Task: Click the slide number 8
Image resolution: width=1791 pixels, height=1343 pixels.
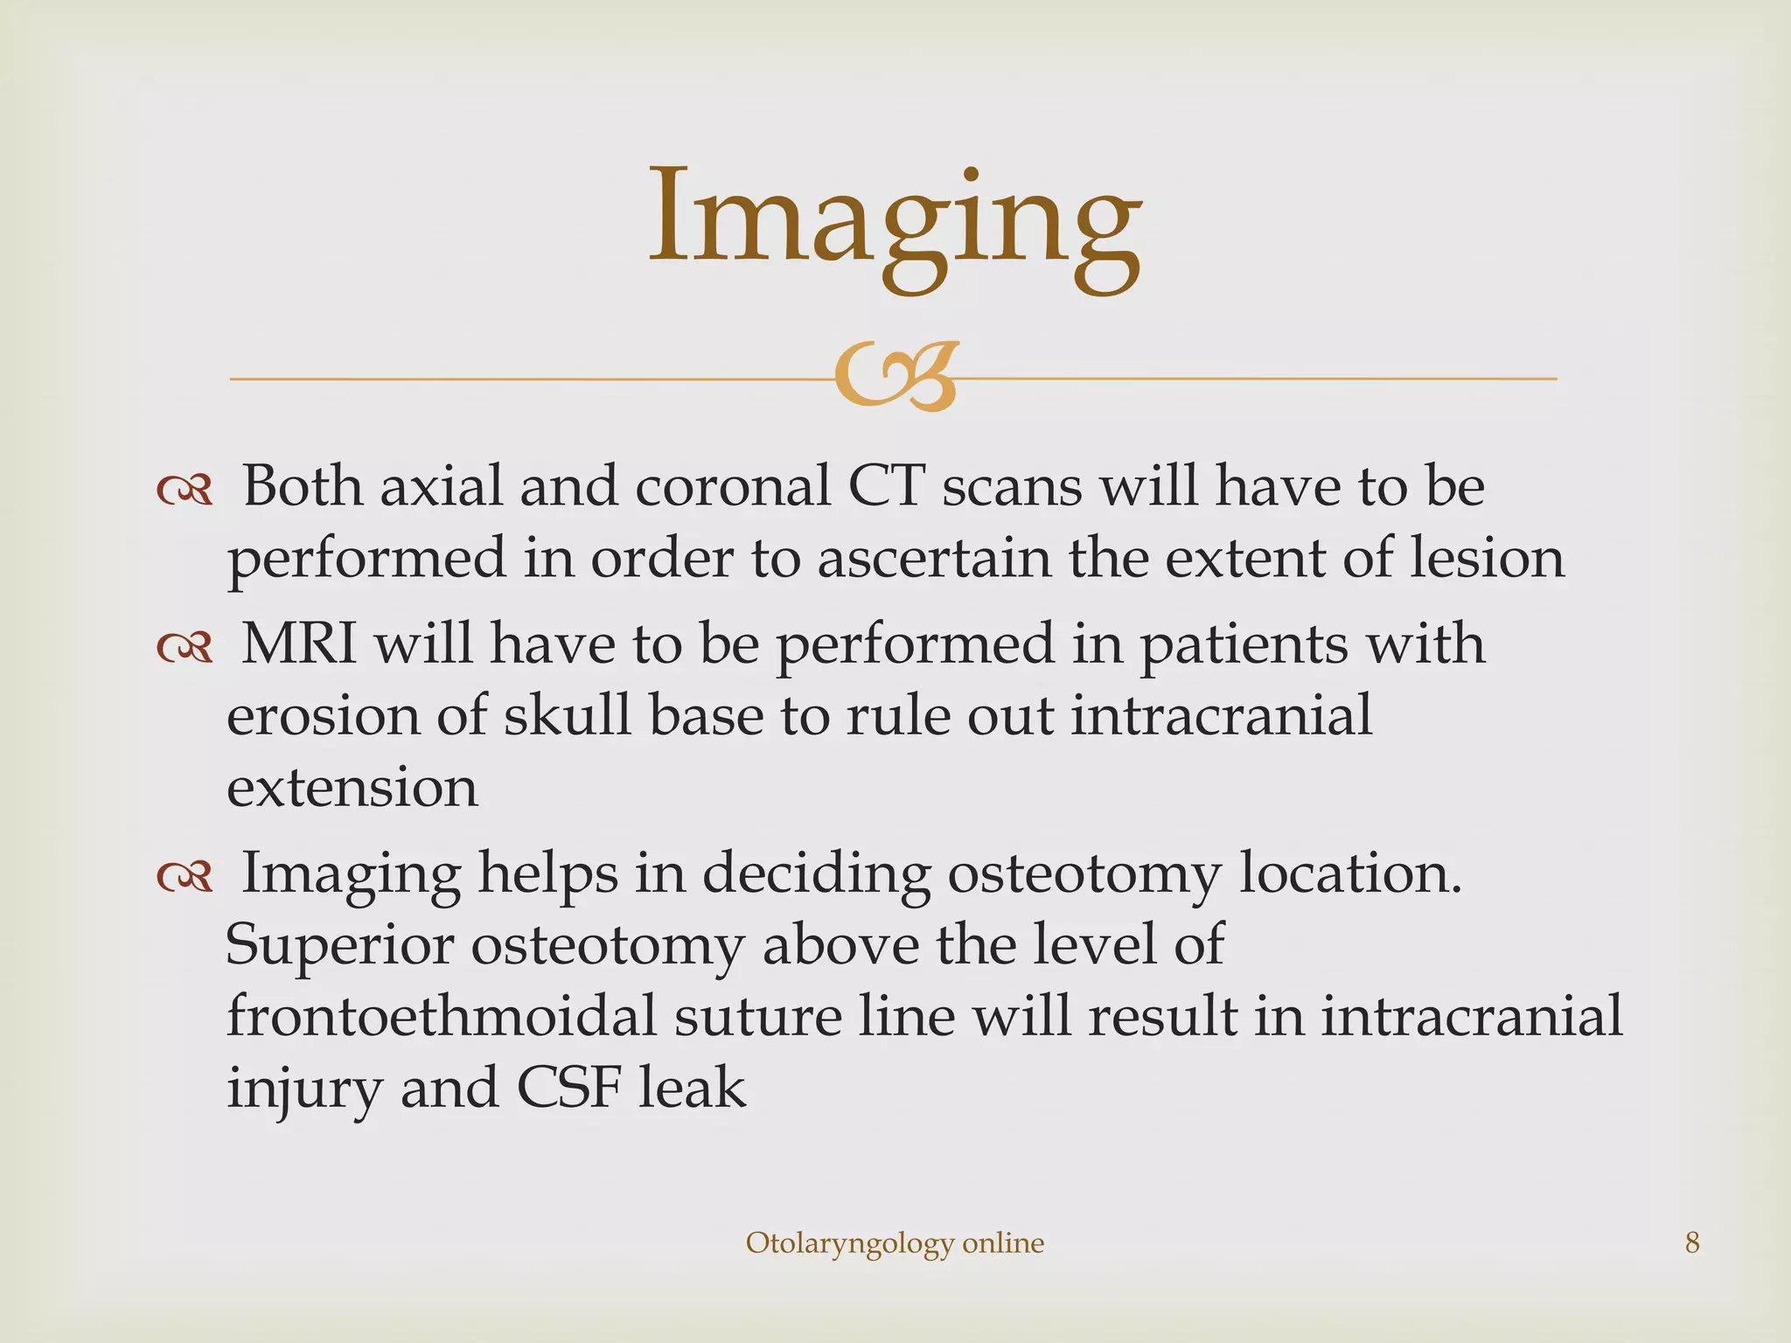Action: coord(1692,1242)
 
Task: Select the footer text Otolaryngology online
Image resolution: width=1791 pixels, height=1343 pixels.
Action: coord(895,1243)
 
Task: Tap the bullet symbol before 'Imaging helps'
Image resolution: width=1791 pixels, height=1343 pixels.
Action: coord(185,877)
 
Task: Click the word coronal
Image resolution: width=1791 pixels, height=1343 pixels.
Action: coord(732,486)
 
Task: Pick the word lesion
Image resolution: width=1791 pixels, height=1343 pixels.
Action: coord(1487,558)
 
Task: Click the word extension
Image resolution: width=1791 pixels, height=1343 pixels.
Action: coord(352,788)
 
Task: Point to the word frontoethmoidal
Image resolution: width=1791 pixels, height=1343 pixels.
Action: coord(441,1017)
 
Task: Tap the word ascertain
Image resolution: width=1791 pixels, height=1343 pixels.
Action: coord(934,558)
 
